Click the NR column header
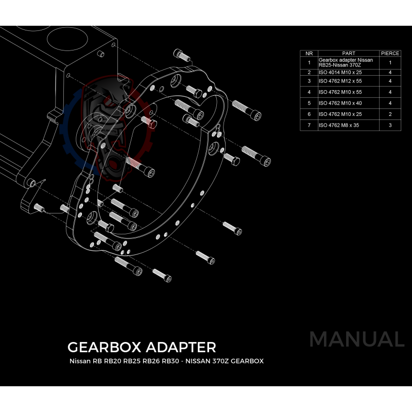(x=309, y=53)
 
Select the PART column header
(x=349, y=53)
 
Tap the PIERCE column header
(x=390, y=53)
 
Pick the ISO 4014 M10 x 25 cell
(x=339, y=73)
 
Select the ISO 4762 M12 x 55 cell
(x=339, y=81)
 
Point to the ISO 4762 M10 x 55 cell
(x=339, y=92)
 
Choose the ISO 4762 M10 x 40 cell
(x=339, y=103)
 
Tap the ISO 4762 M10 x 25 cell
(x=339, y=114)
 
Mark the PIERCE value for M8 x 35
(x=390, y=125)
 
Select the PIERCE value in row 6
(x=390, y=114)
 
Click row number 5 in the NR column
(x=309, y=103)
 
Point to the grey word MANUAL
(x=356, y=339)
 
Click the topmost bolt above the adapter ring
(x=180, y=53)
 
